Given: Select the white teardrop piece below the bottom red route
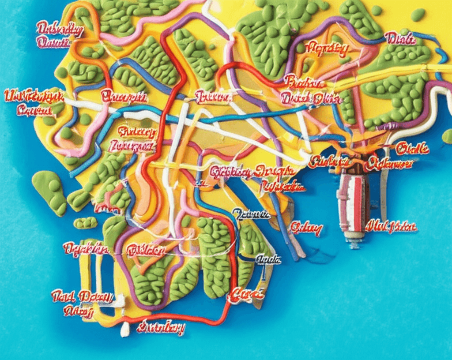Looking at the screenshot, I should coord(125,329).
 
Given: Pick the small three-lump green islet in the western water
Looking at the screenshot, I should coord(85,223).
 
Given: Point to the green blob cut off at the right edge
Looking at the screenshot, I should coord(448,136).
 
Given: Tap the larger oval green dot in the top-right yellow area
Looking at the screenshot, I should coord(418,15).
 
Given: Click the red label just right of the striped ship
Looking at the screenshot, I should coord(391,227).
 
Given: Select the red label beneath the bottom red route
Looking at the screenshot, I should coord(161,328).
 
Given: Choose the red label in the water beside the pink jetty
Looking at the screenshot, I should coord(306,229).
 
